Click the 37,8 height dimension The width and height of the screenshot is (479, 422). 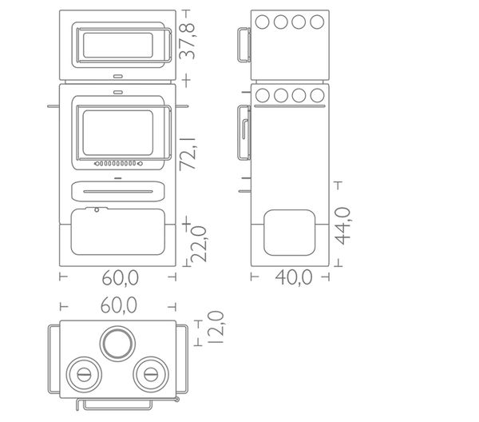point(187,41)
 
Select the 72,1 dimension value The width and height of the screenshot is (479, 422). point(188,153)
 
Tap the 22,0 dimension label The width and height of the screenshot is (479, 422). point(199,244)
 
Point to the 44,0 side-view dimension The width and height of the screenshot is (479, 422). point(342,225)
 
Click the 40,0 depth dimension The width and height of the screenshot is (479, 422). point(294,277)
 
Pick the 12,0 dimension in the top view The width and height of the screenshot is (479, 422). point(216,328)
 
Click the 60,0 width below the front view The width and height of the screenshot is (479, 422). point(120,277)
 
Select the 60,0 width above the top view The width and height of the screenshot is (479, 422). point(119,305)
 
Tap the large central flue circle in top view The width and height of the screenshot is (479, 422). point(117,344)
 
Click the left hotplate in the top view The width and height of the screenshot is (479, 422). point(84,375)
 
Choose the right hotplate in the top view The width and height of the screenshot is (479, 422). point(151,375)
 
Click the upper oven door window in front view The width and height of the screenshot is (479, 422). point(118,45)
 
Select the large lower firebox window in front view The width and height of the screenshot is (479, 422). point(118,133)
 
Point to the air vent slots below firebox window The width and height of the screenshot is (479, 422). point(118,164)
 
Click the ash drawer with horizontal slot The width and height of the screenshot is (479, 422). point(118,192)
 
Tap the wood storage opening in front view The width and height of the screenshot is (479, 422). point(118,232)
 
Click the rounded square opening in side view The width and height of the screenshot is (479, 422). point(289,233)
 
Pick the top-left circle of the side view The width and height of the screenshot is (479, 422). point(262,22)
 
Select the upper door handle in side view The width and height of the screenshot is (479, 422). point(244,45)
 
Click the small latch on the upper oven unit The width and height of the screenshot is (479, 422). point(118,76)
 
